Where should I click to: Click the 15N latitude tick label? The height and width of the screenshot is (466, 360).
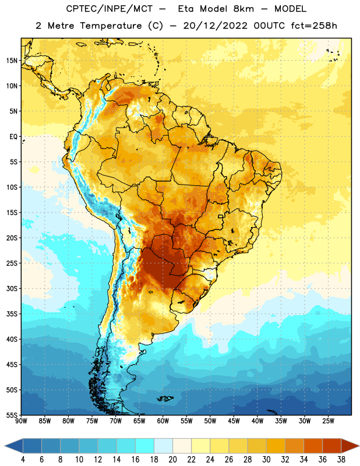pyautogui.click(x=12, y=61)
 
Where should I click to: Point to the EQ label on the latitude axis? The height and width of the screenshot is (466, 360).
pyautogui.click(x=13, y=137)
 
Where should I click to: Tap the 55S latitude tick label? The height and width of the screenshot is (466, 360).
pyautogui.click(x=12, y=415)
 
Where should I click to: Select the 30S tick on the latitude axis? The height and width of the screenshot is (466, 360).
pyautogui.click(x=12, y=288)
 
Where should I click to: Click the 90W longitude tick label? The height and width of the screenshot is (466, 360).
pyautogui.click(x=21, y=421)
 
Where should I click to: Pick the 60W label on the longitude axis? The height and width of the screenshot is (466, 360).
pyautogui.click(x=163, y=421)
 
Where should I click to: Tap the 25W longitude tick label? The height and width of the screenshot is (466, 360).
pyautogui.click(x=328, y=421)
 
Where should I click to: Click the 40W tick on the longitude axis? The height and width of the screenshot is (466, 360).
pyautogui.click(x=257, y=421)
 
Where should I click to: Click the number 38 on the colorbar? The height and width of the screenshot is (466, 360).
pyautogui.click(x=341, y=460)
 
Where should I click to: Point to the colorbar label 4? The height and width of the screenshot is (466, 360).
pyautogui.click(x=23, y=460)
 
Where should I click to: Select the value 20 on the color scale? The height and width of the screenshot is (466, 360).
pyautogui.click(x=172, y=460)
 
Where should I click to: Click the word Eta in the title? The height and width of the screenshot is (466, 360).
pyautogui.click(x=186, y=9)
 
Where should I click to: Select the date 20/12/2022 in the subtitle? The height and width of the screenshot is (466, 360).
pyautogui.click(x=215, y=26)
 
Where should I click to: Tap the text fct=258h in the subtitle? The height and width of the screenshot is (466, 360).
pyautogui.click(x=314, y=26)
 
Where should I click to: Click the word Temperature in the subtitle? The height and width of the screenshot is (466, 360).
pyautogui.click(x=111, y=26)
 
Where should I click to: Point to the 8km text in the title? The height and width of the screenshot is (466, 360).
pyautogui.click(x=243, y=9)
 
